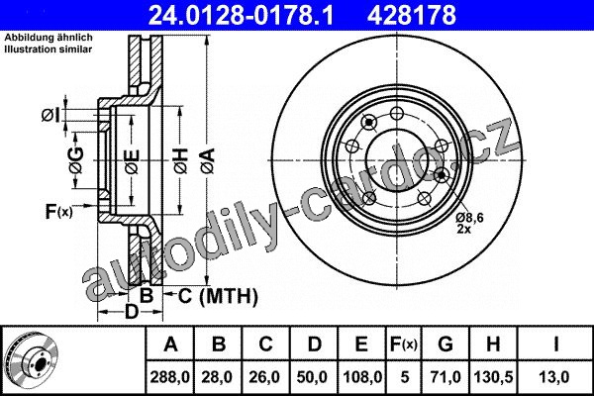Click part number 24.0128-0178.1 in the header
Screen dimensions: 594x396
(241, 15)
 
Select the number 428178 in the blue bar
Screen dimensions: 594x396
(412, 15)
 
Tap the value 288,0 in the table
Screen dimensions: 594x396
(169, 377)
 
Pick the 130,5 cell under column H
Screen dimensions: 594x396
(493, 377)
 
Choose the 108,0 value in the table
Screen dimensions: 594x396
(362, 377)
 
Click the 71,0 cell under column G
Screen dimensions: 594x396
(445, 377)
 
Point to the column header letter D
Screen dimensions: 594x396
(315, 345)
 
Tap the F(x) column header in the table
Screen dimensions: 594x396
(404, 345)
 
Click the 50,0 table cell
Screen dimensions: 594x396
(312, 377)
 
